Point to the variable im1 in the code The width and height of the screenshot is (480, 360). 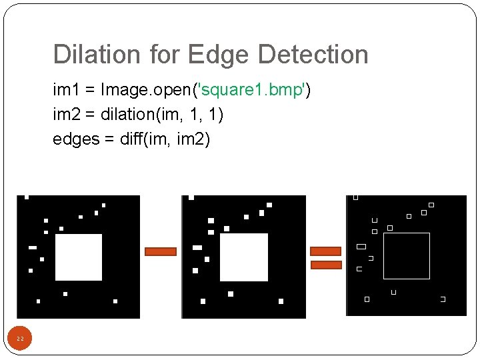[65, 89]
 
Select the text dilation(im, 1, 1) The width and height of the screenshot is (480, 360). [162, 114]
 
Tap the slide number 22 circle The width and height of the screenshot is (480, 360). [20, 339]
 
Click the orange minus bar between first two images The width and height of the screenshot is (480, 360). [161, 252]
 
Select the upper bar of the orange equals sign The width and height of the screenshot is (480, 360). [326, 251]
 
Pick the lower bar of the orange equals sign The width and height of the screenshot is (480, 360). [326, 265]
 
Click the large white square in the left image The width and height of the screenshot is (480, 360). [79, 257]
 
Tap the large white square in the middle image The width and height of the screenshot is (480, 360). [244, 257]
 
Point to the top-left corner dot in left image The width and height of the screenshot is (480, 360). [27, 197]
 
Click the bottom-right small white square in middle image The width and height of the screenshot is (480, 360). [281, 301]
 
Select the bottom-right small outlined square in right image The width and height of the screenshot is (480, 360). [443, 299]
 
